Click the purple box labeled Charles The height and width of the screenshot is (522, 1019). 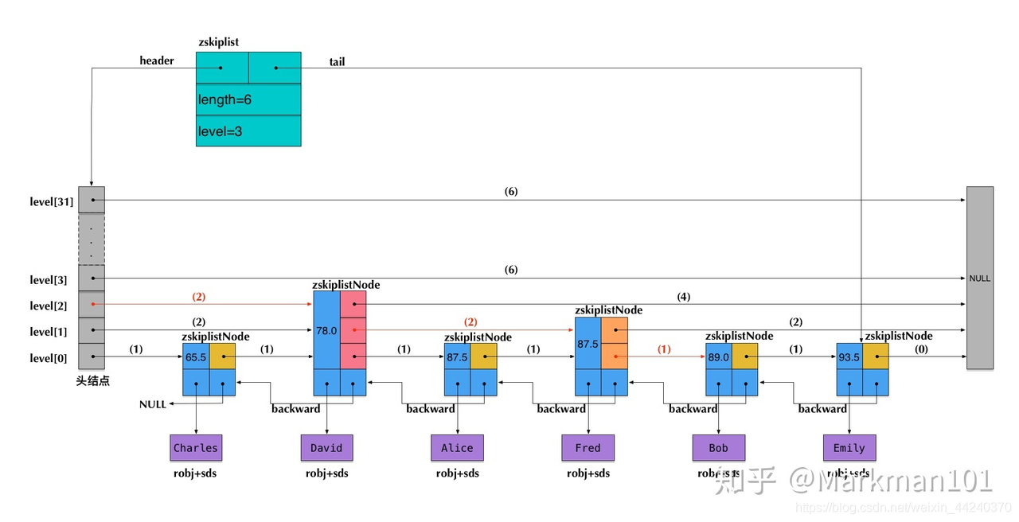point(196,448)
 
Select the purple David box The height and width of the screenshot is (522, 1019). point(326,448)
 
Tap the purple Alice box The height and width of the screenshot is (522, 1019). point(457,448)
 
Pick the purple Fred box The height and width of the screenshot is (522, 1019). point(588,448)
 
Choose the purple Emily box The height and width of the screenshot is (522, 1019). point(849,448)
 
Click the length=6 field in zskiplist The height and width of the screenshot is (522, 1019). point(248,99)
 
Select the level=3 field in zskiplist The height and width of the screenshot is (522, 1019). point(248,131)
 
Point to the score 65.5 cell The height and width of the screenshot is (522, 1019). point(196,357)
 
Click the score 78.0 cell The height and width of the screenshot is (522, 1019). point(326,330)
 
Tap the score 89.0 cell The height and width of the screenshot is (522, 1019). point(718,357)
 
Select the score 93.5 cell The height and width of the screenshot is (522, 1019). point(849,357)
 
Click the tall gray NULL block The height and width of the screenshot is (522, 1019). point(979,278)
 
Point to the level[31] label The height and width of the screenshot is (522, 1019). point(52,201)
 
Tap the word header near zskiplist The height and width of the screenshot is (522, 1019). point(157,60)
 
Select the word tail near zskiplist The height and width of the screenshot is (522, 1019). point(337,61)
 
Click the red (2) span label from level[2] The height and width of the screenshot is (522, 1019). point(198,296)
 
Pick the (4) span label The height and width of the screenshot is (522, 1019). point(683,296)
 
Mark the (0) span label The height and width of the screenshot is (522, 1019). point(922,349)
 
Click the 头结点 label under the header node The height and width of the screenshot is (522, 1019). point(92,381)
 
